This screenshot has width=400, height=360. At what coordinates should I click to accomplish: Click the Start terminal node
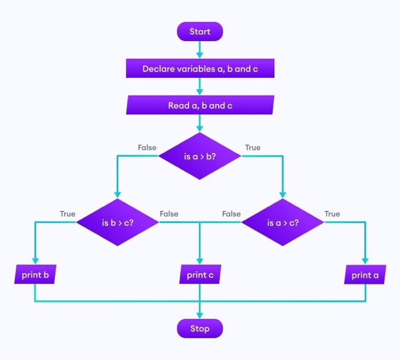pos(200,32)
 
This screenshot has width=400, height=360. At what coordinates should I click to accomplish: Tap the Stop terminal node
pos(200,329)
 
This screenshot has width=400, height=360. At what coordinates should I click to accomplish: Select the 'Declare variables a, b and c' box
pos(200,69)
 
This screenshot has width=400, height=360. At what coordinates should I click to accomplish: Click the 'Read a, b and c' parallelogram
pos(200,106)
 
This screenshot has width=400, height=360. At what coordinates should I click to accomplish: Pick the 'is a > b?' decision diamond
pos(200,156)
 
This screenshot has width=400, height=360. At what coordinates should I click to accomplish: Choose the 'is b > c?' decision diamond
pos(118,222)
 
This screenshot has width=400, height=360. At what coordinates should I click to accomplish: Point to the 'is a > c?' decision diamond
pos(282,222)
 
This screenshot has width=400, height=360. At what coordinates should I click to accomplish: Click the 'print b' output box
pos(35,275)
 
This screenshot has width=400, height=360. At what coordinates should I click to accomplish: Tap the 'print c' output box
pos(200,275)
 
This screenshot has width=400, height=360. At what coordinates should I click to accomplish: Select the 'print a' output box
pos(365,275)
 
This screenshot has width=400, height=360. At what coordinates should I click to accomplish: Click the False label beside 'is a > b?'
pos(147,147)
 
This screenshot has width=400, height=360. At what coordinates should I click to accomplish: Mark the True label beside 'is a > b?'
pos(253,147)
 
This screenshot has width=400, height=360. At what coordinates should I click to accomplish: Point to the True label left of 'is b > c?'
pos(67,214)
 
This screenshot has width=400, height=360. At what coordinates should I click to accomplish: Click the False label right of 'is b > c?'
pos(169,214)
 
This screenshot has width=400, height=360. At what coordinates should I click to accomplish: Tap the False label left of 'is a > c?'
pos(231,214)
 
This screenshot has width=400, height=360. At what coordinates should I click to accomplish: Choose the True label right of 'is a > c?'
pos(332,214)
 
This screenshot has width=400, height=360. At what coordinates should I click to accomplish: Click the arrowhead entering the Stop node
pos(200,314)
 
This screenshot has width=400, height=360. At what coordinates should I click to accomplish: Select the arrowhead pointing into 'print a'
pos(365,261)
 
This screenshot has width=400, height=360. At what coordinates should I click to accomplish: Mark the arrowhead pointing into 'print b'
pos(35,261)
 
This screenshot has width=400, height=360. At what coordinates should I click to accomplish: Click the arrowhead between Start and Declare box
pos(200,55)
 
